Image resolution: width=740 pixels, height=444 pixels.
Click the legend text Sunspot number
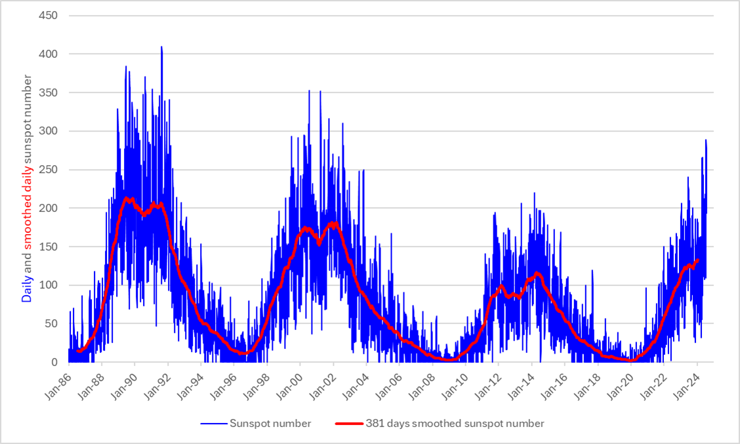coord(270,424)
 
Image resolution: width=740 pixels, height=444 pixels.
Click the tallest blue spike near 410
coord(161,47)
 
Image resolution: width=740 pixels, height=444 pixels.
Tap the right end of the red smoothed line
coord(697,260)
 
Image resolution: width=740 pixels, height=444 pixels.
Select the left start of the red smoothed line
coord(77,351)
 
